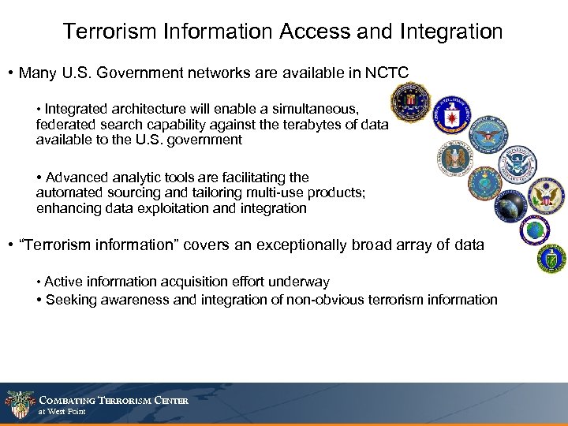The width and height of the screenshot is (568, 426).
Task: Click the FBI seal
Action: coord(409,102)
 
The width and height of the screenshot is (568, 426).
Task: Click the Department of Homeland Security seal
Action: coord(518,163)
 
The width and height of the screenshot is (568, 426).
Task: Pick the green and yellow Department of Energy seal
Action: coord(551,258)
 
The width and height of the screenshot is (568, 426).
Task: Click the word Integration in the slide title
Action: coord(451,32)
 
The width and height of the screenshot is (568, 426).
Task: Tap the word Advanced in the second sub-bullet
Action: coord(77,177)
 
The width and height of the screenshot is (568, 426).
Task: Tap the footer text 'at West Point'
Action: coord(62,412)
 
